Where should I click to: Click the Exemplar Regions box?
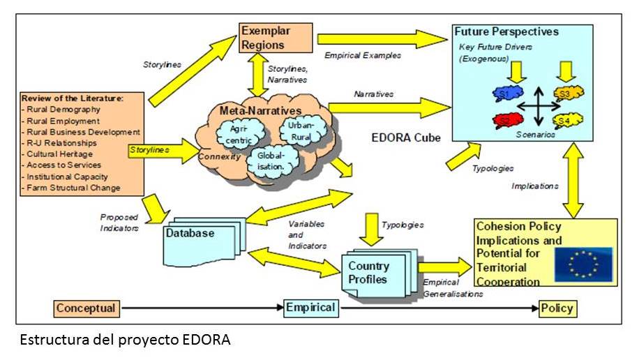265,38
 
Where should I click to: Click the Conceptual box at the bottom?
86,308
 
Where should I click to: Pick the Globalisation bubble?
269,161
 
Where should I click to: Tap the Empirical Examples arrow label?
363,56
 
